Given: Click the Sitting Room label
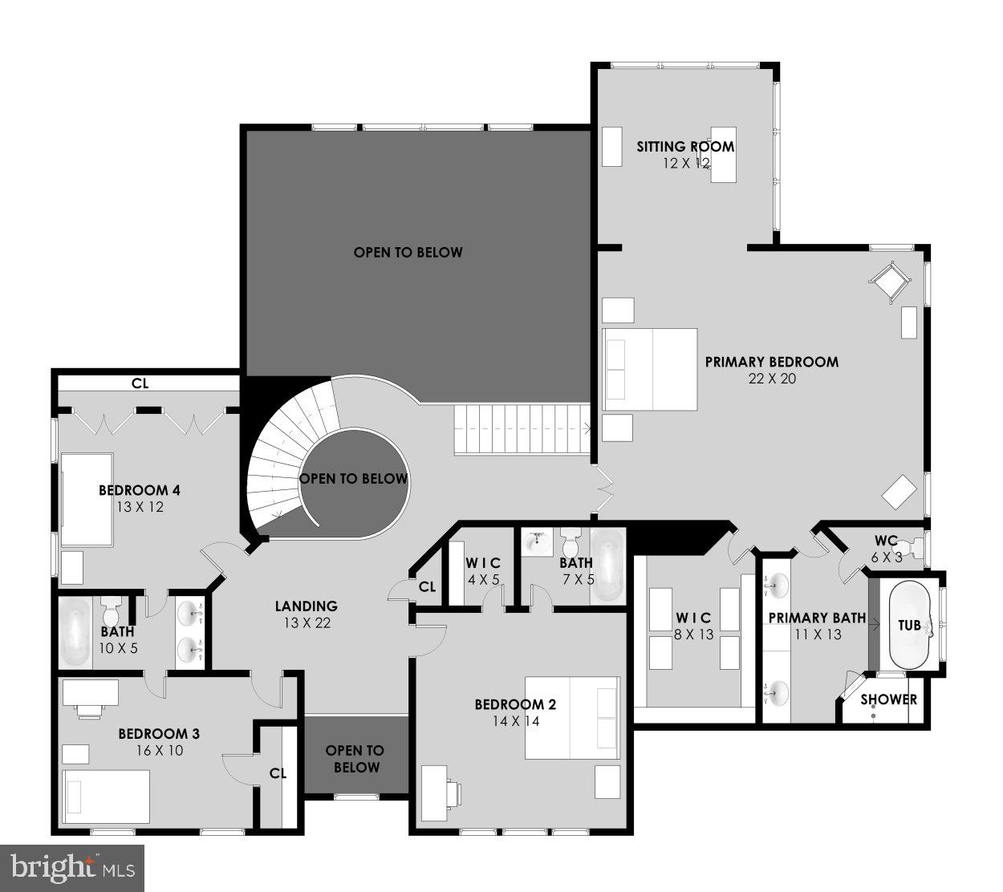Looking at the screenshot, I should click(685, 146).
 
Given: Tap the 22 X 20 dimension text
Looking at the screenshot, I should click(771, 379).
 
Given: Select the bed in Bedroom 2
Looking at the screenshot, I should click(572, 717).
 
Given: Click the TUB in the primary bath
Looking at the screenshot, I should click(909, 625).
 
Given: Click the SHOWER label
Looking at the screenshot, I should click(888, 699).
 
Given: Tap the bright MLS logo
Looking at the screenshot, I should click(72, 867).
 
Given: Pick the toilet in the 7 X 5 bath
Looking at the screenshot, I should click(571, 543).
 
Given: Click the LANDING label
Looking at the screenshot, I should click(306, 606).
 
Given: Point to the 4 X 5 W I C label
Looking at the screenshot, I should click(484, 563).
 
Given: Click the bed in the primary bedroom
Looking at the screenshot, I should click(650, 369).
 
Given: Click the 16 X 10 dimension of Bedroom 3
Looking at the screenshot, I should click(159, 751).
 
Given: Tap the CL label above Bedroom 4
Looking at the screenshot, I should click(140, 383).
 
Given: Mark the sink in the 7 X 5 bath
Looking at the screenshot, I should click(536, 543).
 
